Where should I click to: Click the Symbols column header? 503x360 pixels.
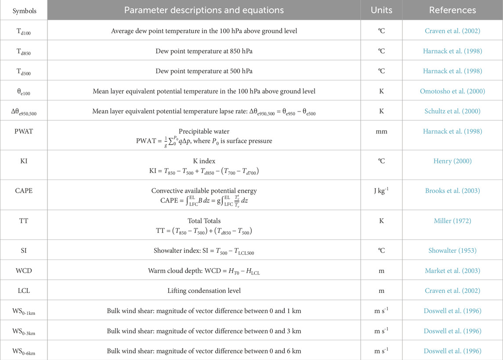[24, 10]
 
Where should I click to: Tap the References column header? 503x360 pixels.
[452, 10]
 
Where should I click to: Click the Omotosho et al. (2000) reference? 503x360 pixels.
[452, 91]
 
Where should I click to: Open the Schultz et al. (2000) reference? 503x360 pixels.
[452, 112]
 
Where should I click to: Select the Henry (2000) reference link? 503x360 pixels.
[452, 161]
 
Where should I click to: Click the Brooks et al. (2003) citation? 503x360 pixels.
[452, 191]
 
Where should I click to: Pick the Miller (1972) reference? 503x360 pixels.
[452, 220]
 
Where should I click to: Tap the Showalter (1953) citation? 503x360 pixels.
[452, 250]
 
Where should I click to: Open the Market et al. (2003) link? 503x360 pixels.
[452, 270]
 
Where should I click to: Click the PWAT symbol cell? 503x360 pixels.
[24, 131]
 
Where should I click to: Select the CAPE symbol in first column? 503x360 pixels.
[24, 191]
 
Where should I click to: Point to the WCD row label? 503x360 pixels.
[24, 270]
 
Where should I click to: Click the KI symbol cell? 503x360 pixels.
[24, 161]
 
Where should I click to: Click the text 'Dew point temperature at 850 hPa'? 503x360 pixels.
[204, 51]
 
